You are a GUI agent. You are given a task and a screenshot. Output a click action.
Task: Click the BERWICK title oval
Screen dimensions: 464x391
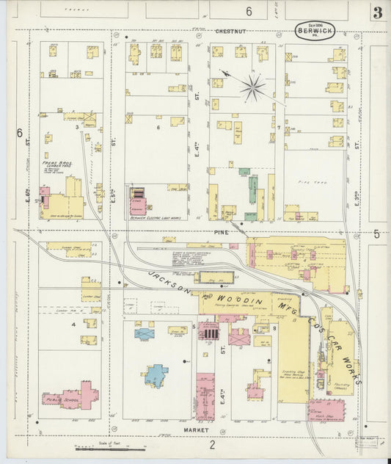click(315, 30)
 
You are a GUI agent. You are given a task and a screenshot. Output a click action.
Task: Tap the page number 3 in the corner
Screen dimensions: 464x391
click(377, 12)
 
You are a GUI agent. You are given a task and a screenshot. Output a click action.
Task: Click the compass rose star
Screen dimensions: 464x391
click(252, 88)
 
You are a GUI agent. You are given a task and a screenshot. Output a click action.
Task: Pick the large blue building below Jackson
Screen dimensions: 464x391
click(156, 375)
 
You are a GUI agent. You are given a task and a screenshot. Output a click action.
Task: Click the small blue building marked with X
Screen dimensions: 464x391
click(145, 333)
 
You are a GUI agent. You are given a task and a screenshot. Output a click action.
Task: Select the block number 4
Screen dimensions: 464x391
click(73, 323)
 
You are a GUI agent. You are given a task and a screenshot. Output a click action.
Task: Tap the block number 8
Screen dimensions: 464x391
click(274, 327)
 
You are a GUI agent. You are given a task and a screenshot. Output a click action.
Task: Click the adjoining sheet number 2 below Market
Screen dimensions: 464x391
click(212, 444)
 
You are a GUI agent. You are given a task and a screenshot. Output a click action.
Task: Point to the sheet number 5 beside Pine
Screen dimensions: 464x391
click(376, 233)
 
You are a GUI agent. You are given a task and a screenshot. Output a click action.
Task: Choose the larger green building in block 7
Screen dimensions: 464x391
click(253, 189)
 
